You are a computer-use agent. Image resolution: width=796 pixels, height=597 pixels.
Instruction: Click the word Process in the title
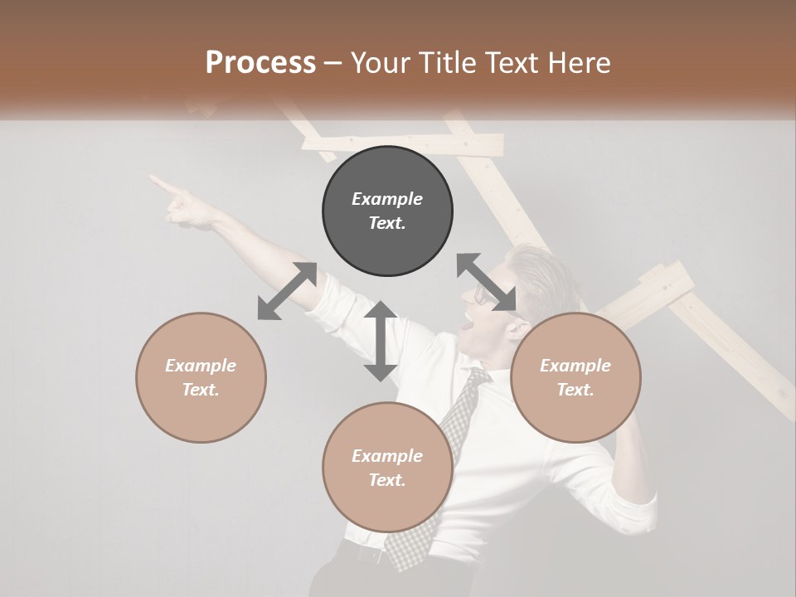260,63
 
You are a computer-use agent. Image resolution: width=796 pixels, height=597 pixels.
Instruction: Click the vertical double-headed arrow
380,341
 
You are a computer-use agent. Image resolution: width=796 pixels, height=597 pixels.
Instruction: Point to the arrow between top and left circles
287,291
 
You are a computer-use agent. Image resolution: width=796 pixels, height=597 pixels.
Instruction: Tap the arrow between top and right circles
488,283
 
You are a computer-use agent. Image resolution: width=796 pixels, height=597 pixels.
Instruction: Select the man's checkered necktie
439,464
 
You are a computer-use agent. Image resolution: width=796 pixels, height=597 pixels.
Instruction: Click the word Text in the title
507,63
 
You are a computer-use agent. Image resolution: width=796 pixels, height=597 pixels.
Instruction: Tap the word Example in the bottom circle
387,456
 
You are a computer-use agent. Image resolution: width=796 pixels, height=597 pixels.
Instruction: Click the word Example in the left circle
201,366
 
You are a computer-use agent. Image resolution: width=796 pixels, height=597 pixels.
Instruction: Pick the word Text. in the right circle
575,390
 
